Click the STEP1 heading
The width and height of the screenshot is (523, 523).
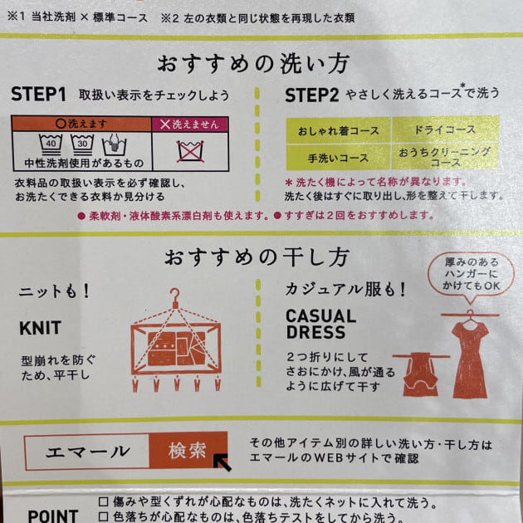pos(38,94)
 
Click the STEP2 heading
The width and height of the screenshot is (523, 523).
pos(312,95)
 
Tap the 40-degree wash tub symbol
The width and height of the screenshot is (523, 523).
pos(51,144)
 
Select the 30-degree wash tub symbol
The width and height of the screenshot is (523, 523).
pos(82,144)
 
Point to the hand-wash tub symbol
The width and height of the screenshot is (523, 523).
pos(114,145)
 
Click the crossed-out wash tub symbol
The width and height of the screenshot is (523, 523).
pos(190,151)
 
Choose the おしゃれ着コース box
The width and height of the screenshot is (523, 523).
pos(338,130)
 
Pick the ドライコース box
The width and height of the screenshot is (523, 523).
pos(445,130)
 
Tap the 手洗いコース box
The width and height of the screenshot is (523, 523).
pos(338,158)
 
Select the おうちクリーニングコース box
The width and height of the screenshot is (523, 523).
pos(445,157)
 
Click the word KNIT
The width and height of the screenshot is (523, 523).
pos(41,328)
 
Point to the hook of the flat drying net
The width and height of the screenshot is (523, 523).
pos(175,298)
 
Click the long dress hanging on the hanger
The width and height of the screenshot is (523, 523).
pos(470,359)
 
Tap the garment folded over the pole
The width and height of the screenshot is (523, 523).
pos(420,374)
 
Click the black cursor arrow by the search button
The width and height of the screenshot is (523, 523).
pos(222,462)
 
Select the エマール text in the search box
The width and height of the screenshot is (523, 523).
pos(88,452)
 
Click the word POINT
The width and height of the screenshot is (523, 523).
pos(52,516)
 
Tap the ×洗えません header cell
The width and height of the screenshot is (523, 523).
pos(190,125)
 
